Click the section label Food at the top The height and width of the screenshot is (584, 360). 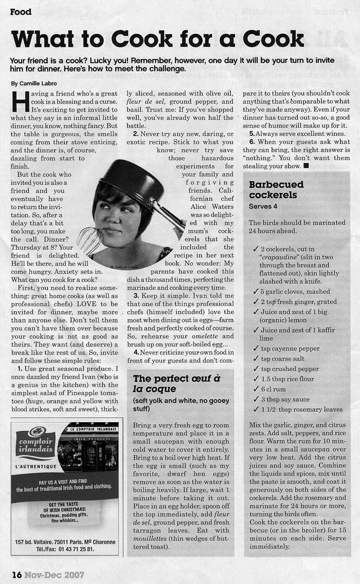(21, 12)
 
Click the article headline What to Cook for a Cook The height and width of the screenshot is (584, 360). (157, 39)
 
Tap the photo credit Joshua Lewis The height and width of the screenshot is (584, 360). (123, 267)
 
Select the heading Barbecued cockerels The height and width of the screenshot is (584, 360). (276, 189)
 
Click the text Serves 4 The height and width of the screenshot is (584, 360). (263, 206)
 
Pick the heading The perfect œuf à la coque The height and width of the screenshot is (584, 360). (176, 384)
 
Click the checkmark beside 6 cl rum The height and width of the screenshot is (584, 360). (256, 390)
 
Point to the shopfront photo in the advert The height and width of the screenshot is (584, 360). (87, 447)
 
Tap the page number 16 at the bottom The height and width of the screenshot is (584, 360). (17, 574)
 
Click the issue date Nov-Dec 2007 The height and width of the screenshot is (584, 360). (55, 574)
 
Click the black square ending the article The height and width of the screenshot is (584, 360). (306, 167)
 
